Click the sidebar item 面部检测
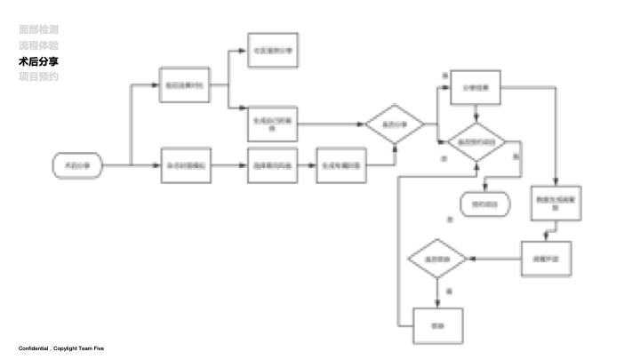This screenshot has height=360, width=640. pos(39,29)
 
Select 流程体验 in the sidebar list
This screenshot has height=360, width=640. pos(39,44)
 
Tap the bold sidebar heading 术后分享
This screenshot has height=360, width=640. pos(39,60)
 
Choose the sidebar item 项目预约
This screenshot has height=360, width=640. pos(39,76)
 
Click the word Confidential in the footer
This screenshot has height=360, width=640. pos(33,348)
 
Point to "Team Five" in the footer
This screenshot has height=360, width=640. pos(91,348)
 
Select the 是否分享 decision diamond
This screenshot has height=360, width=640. pos(394,124)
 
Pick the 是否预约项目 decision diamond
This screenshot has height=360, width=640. pos(476,143)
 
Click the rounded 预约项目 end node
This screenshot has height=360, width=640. pos(485,204)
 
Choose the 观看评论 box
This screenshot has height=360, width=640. pos(545,258)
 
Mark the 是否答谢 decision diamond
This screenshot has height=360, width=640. pos(437,258)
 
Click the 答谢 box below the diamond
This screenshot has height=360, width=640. pos(437,325)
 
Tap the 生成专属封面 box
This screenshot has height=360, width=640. pos(341,165)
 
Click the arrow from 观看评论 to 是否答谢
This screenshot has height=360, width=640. pos(495,258)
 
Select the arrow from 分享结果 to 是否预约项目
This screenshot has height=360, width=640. pos(476,113)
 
